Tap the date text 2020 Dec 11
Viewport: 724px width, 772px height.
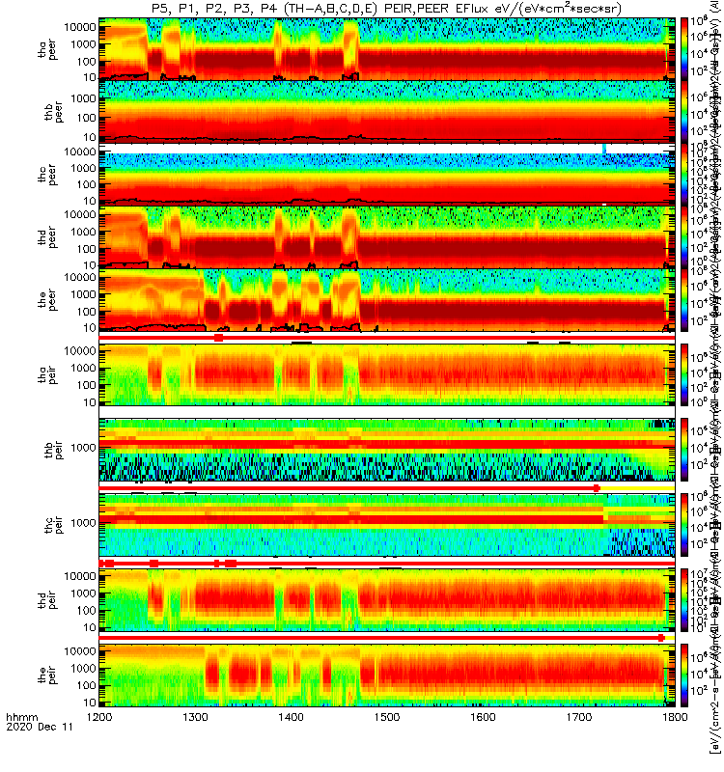tap(33, 758)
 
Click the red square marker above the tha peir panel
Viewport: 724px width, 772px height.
tap(218, 338)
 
